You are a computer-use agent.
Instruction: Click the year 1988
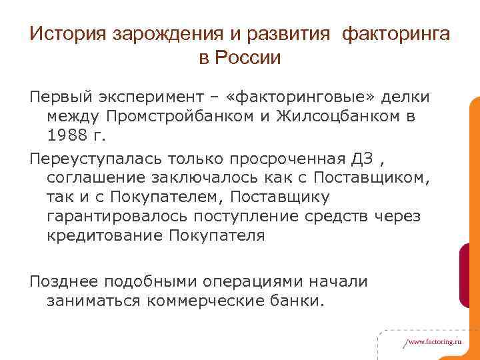click(x=70, y=137)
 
